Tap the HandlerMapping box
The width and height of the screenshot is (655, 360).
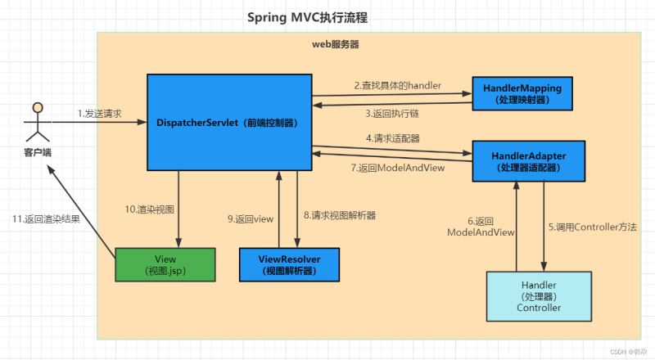[x=522, y=93]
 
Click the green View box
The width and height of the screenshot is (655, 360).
[x=165, y=264]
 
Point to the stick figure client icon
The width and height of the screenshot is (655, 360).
[x=36, y=123]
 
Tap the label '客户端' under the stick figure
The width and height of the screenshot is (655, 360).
[x=36, y=151]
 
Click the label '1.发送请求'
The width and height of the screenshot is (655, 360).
[x=100, y=113]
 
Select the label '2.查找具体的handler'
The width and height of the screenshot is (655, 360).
[x=398, y=84]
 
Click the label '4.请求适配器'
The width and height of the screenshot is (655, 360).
[x=393, y=138]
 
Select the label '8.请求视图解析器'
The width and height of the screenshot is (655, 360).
[x=339, y=216]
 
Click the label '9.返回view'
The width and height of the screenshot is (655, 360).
[x=249, y=218]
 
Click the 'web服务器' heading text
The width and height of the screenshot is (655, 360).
[x=336, y=44]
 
